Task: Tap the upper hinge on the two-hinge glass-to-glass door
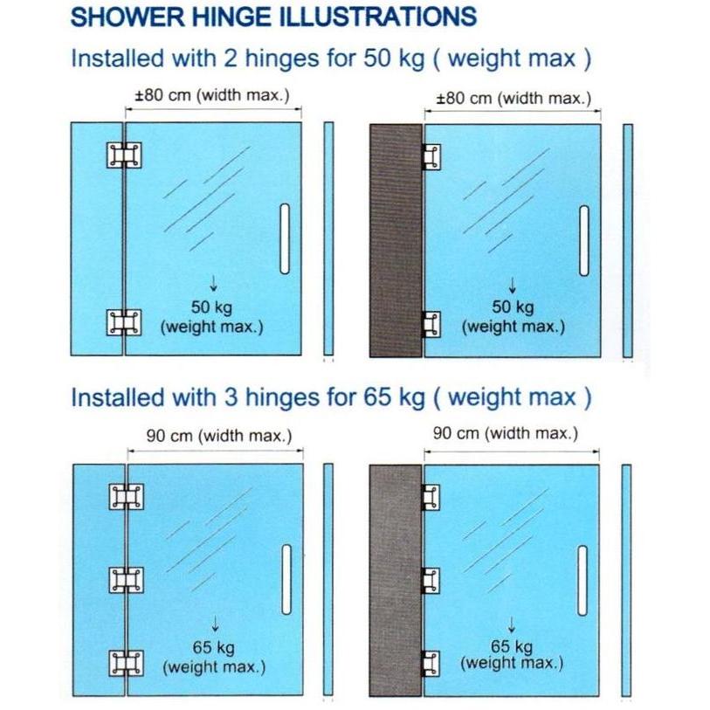pyautogui.click(x=123, y=156)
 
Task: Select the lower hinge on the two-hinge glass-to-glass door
pyautogui.click(x=123, y=322)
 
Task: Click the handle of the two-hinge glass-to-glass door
pyautogui.click(x=284, y=238)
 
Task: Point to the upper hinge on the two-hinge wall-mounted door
pyautogui.click(x=431, y=156)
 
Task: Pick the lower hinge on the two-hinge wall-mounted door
pyautogui.click(x=431, y=324)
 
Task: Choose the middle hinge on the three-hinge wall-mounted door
pyautogui.click(x=430, y=579)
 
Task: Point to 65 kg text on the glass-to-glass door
pyautogui.click(x=214, y=647)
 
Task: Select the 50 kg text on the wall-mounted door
pyautogui.click(x=513, y=307)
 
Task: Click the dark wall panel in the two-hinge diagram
pyautogui.click(x=396, y=239)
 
